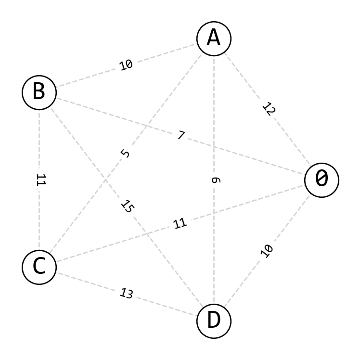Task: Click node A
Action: pyautogui.click(x=214, y=39)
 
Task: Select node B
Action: pyautogui.click(x=39, y=92)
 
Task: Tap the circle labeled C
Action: pyautogui.click(x=39, y=267)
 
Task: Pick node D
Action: pyautogui.click(x=214, y=321)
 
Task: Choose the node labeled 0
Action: pyautogui.click(x=321, y=180)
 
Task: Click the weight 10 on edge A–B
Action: pyautogui.click(x=126, y=65)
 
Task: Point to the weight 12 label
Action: pyautogui.click(x=269, y=109)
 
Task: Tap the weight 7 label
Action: pyautogui.click(x=180, y=136)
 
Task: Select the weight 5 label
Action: pyautogui.click(x=126, y=154)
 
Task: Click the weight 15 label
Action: pyautogui.click(x=127, y=206)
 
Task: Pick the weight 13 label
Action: pyautogui.click(x=126, y=294)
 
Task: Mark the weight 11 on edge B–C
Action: pyautogui.click(x=40, y=180)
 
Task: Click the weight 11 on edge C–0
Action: pyautogui.click(x=180, y=223)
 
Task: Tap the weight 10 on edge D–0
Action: pyautogui.click(x=267, y=251)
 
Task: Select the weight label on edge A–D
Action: pyautogui.click(x=215, y=180)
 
